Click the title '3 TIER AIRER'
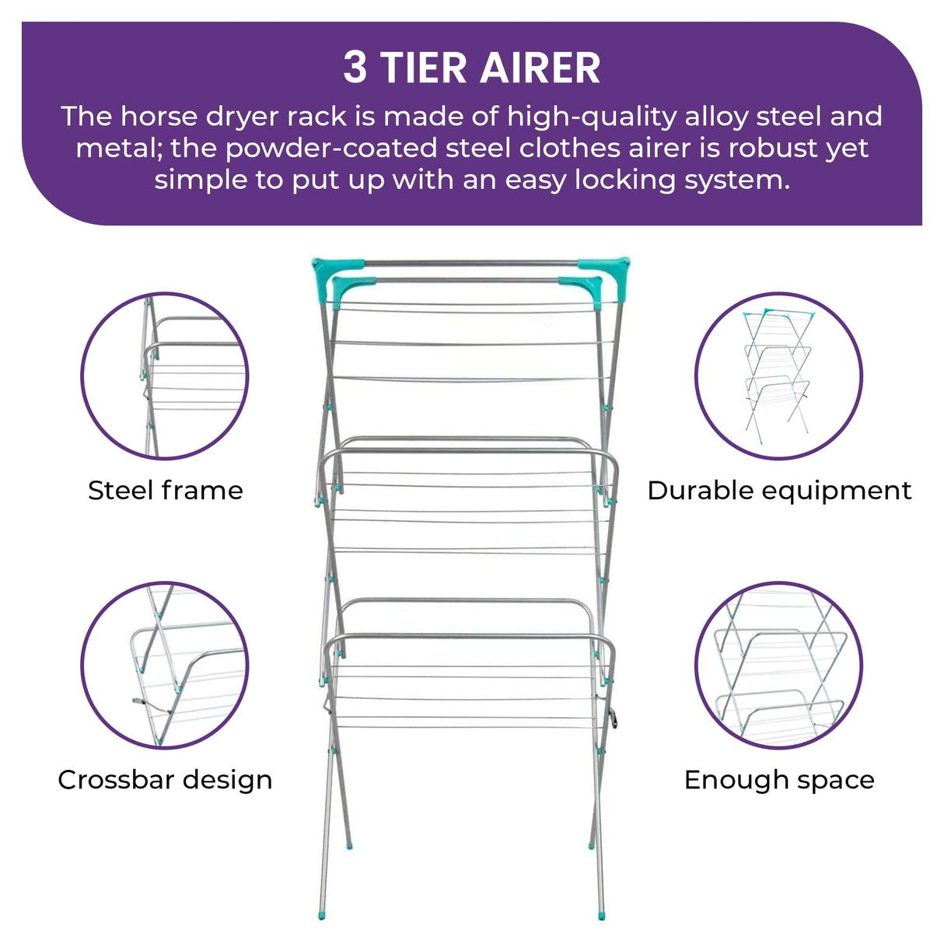[472, 68]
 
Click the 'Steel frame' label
[165, 491]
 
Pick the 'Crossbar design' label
[165, 780]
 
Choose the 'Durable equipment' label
[779, 491]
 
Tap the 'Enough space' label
[779, 780]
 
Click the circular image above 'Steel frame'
[165, 376]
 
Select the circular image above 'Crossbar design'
[165, 666]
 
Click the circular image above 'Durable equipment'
[778, 376]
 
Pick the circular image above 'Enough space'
[778, 666]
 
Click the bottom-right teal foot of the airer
[602, 914]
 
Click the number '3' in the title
[355, 68]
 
